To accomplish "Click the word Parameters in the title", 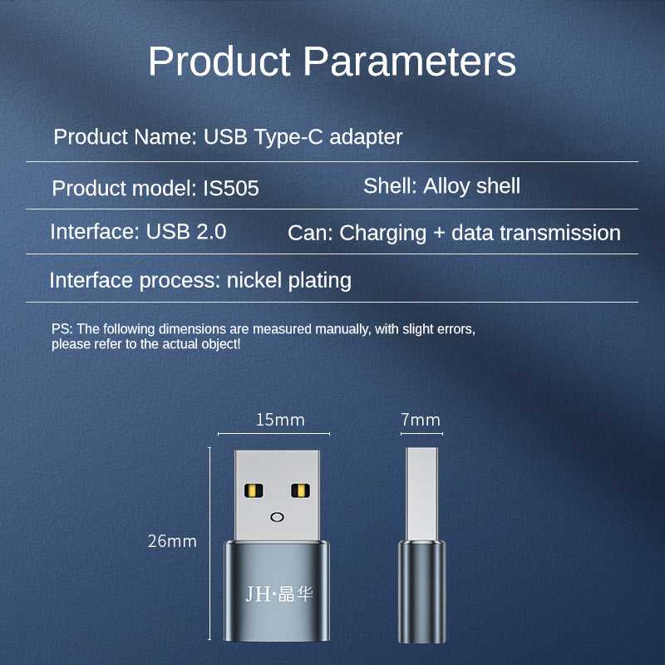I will coord(409,62).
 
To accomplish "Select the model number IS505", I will coord(231,189).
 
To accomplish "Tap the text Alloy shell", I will coord(471,185).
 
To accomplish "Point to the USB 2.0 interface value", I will coord(186,231).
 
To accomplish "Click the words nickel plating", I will coord(289,280).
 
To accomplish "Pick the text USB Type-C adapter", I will coord(303,137).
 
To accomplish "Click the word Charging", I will coord(383,233).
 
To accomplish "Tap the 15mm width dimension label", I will coord(280,420).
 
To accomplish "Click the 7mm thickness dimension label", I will coord(421,420).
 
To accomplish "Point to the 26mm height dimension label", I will coord(172,541).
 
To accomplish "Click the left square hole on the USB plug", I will coord(250,491).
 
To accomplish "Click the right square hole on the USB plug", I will coord(299,491).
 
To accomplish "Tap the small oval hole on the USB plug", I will coord(275,517).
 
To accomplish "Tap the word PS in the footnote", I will coord(61,329).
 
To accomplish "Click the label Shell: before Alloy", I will coord(390,185).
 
